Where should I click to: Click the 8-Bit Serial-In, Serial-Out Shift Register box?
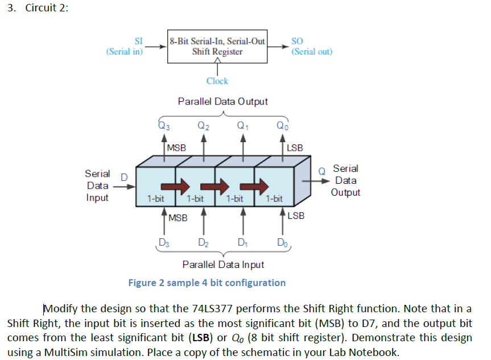(217, 46)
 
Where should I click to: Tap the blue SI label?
(138, 41)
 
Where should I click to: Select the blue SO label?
(297, 41)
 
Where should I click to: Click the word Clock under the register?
(217, 81)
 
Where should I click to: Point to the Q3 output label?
(164, 126)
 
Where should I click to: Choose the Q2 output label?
(203, 126)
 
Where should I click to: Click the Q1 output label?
(243, 126)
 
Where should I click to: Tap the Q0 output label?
(282, 126)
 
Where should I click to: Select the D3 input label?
(164, 242)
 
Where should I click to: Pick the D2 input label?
(203, 242)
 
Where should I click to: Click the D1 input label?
(243, 242)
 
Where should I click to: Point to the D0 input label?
(282, 242)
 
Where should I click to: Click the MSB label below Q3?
(176, 148)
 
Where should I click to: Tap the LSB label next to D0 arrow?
(296, 216)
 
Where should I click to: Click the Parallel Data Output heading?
(222, 101)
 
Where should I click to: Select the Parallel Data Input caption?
(223, 265)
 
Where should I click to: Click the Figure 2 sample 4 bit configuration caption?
(207, 283)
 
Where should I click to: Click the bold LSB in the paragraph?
(201, 338)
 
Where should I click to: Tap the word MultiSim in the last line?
(66, 353)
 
